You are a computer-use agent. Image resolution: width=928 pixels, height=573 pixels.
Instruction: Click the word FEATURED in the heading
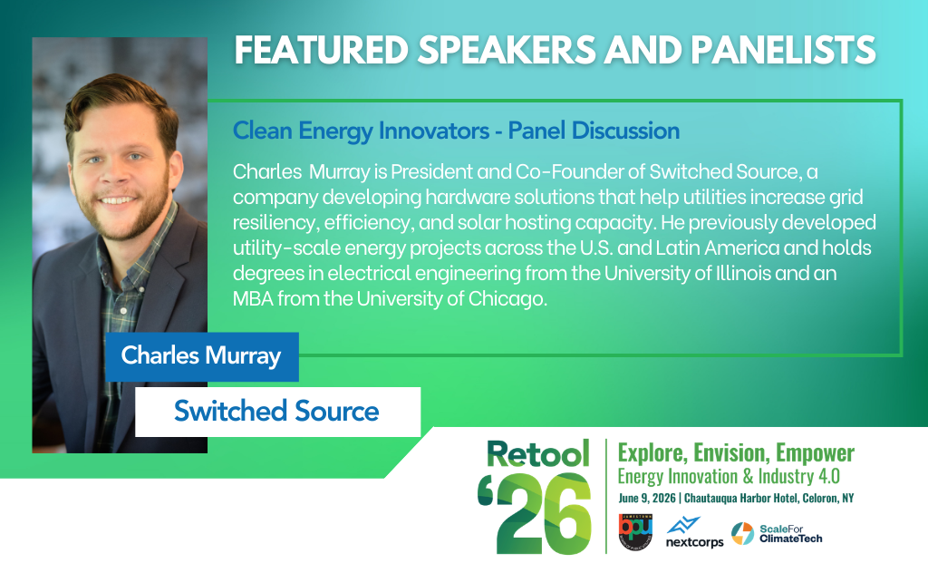322,50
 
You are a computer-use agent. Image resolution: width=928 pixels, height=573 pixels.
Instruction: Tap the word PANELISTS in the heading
783,50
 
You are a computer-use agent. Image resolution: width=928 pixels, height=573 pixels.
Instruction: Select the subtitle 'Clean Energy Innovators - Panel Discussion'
457,131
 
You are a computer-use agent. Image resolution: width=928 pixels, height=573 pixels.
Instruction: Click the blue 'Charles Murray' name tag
202,356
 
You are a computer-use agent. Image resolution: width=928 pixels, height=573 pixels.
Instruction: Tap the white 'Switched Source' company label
277,412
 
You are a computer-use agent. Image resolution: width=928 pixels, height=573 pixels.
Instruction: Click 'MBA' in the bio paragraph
254,298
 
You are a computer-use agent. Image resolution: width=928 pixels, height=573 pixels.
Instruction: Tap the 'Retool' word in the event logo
538,453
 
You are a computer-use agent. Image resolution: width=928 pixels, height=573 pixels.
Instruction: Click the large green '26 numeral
535,513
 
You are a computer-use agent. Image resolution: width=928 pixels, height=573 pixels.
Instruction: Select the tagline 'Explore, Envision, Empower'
736,452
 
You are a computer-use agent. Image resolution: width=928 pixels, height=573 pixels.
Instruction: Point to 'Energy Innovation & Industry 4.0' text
729,477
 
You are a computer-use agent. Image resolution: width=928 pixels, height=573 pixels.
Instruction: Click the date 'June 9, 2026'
647,498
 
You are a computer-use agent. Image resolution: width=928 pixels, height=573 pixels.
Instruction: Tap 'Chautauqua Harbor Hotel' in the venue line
741,498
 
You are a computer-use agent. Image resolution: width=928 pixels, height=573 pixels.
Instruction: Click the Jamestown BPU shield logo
635,531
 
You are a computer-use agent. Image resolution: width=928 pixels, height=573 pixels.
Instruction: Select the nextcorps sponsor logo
694,532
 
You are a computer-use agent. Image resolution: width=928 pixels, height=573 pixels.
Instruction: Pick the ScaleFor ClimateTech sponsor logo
777,533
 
